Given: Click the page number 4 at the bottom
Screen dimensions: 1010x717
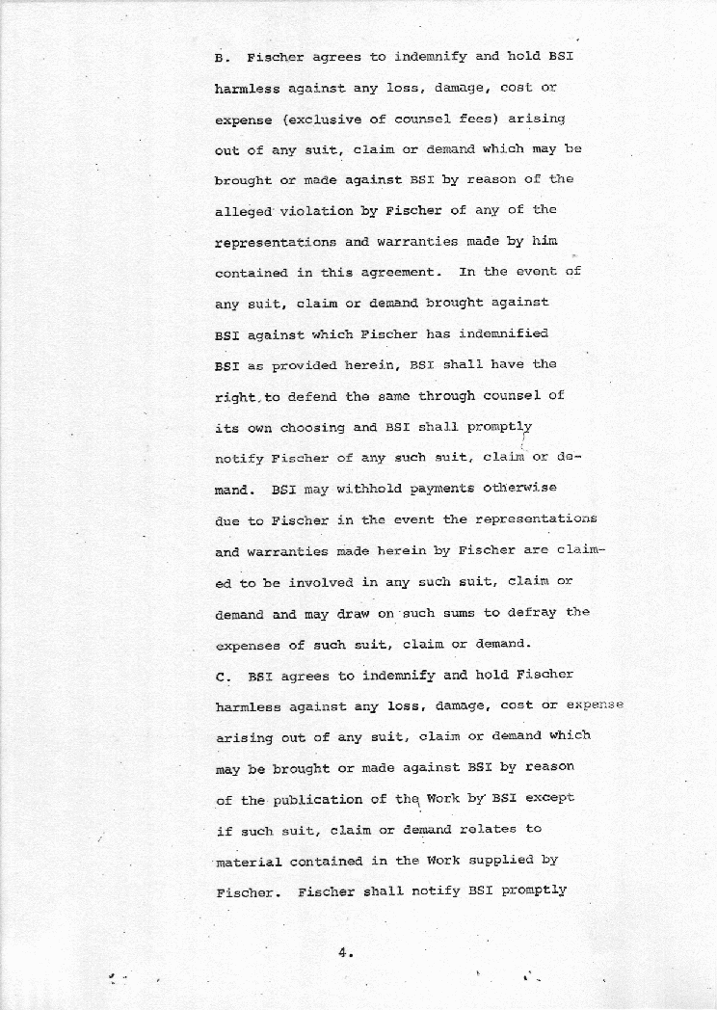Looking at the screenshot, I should pos(342,953).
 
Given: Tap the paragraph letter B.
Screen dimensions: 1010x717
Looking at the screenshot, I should pos(219,57).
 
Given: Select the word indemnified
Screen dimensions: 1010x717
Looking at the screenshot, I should pos(504,333).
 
